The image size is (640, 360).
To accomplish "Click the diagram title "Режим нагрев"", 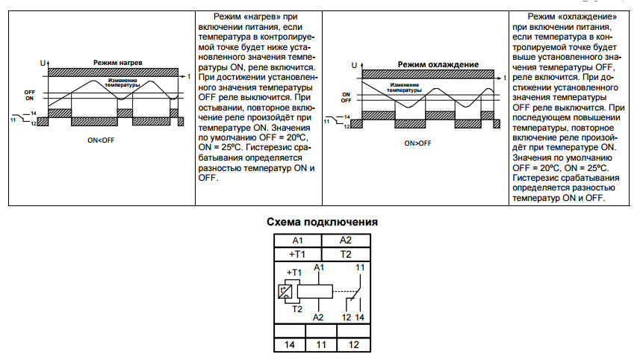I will pyautogui.click(x=117, y=62).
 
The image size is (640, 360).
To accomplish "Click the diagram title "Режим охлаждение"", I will pyautogui.click(x=438, y=64).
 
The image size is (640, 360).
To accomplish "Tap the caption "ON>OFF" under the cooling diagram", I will pyautogui.click(x=417, y=143).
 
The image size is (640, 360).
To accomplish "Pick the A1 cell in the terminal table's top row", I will pyautogui.click(x=297, y=240).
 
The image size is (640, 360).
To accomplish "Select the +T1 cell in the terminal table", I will pyautogui.click(x=297, y=254).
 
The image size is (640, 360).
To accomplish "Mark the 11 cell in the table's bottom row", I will pyautogui.click(x=322, y=345).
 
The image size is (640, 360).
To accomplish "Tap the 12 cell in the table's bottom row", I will pyautogui.click(x=355, y=345).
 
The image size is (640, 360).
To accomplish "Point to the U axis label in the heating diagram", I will pyautogui.click(x=42, y=63).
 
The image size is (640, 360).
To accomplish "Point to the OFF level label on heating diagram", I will pyautogui.click(x=29, y=92).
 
